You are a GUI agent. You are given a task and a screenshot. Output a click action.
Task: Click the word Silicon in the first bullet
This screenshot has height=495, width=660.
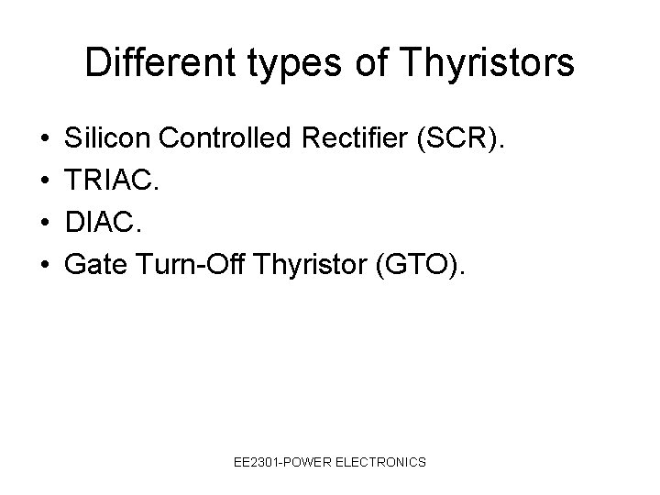pos(109,139)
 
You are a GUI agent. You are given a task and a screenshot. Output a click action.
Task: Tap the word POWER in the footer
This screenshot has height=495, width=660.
pos(313,463)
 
